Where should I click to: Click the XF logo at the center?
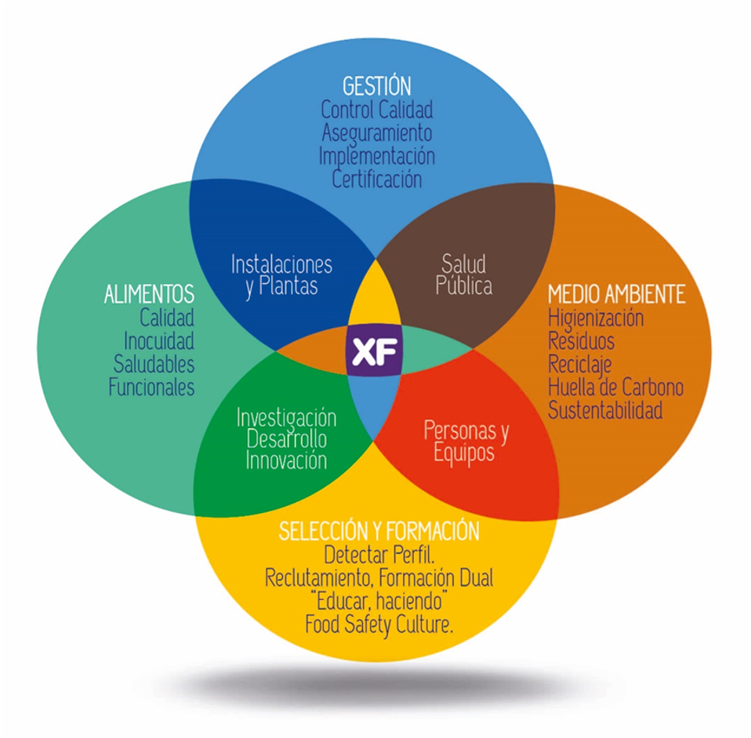pyautogui.click(x=374, y=351)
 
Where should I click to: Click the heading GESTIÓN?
pyautogui.click(x=377, y=86)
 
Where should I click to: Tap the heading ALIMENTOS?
pyautogui.click(x=149, y=294)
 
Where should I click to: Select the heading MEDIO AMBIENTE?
pyautogui.click(x=617, y=294)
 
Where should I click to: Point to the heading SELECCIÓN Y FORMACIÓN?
pyautogui.click(x=379, y=531)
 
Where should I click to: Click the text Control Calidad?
pyautogui.click(x=377, y=110)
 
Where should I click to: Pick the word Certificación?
pyautogui.click(x=377, y=180)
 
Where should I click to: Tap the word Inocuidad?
pyautogui.click(x=159, y=340)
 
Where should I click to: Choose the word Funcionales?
pyautogui.click(x=151, y=387)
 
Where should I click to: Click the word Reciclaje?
pyautogui.click(x=580, y=365)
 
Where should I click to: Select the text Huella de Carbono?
pyautogui.click(x=616, y=387)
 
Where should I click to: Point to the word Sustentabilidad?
pyautogui.click(x=605, y=410)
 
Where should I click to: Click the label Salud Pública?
pyautogui.click(x=463, y=274)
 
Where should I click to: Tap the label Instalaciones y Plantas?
pyautogui.click(x=281, y=275)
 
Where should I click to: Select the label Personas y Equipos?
pyautogui.click(x=466, y=442)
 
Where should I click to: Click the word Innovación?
pyautogui.click(x=286, y=460)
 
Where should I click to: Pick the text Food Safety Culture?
pyautogui.click(x=379, y=625)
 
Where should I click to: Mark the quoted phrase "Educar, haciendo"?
pyautogui.click(x=379, y=601)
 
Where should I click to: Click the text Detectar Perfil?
pyautogui.click(x=379, y=554)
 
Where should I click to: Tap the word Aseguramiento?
pyautogui.click(x=377, y=133)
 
